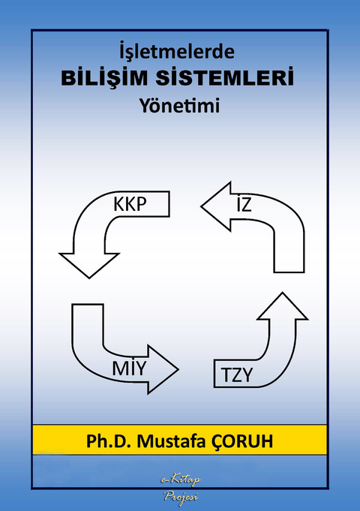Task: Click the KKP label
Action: coord(129,204)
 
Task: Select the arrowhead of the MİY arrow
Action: coord(163,368)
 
